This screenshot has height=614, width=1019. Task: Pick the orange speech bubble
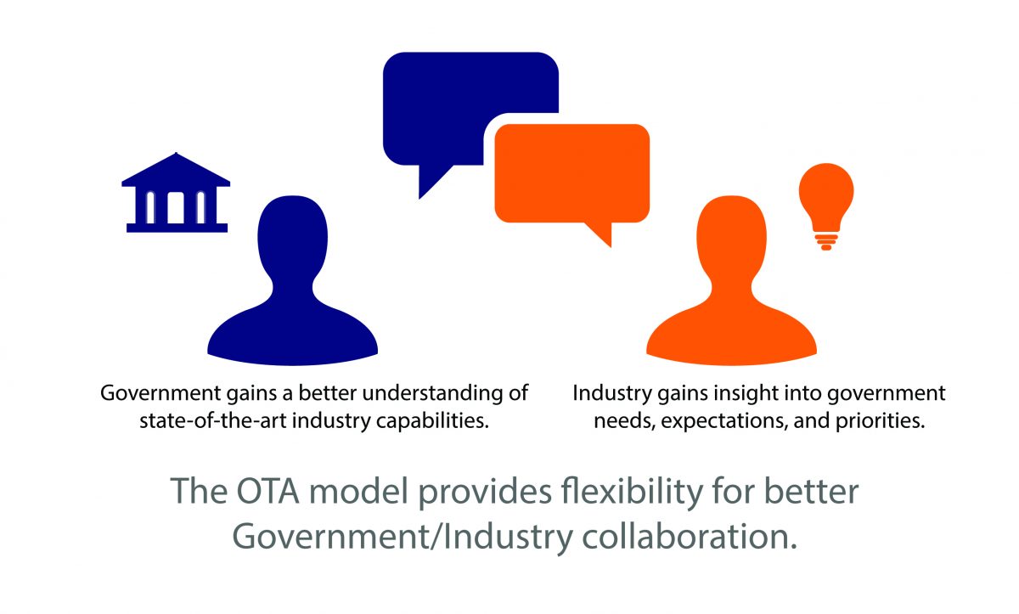[571, 174]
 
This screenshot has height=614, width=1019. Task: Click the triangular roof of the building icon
[176, 171]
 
